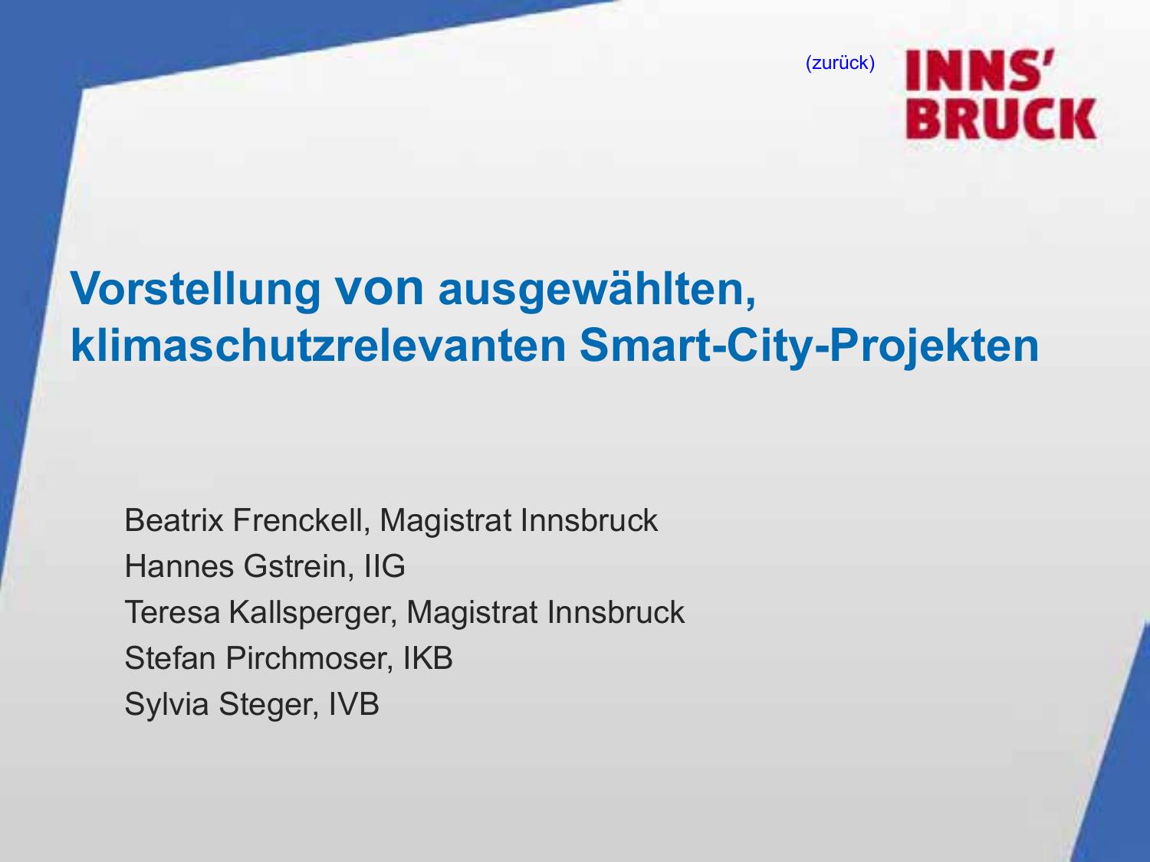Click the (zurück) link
pyautogui.click(x=839, y=64)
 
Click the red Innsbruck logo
pyautogui.click(x=1001, y=93)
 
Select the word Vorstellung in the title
pyautogui.click(x=195, y=290)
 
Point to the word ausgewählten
pyautogui.click(x=597, y=290)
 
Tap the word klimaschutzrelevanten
pyautogui.click(x=318, y=346)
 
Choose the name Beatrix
pyautogui.click(x=174, y=520)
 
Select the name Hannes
pyautogui.click(x=179, y=566)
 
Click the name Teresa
pyautogui.click(x=172, y=612)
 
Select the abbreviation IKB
pyautogui.click(x=428, y=658)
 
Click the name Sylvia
pyautogui.click(x=166, y=704)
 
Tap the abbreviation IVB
pyautogui.click(x=353, y=704)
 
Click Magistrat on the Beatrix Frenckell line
pyautogui.click(x=445, y=521)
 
